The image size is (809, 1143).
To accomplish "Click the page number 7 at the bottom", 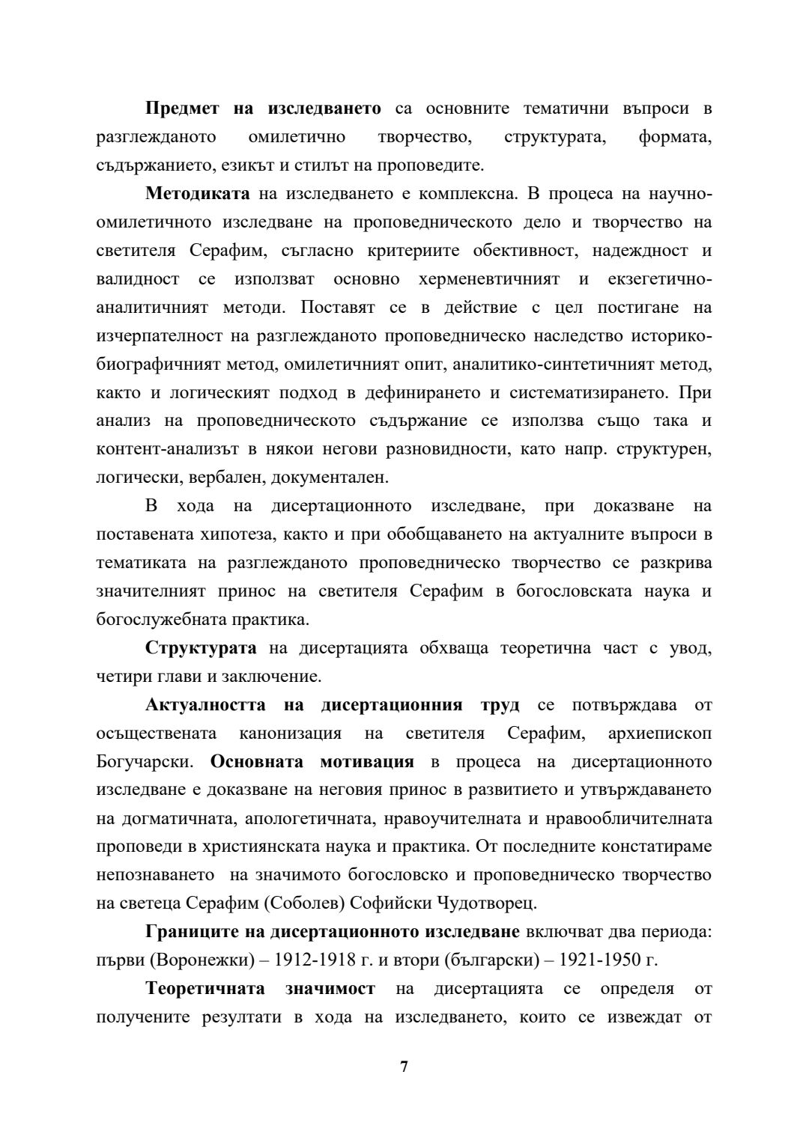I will pos(404,1067).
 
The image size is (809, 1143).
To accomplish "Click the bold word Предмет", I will pos(182,109).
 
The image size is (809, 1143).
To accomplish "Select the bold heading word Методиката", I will pos(198,194).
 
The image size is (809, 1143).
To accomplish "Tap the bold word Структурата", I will pos(201,647).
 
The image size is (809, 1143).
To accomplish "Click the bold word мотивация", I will pos(366,761).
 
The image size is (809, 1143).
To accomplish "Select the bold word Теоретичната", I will pos(204,989).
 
